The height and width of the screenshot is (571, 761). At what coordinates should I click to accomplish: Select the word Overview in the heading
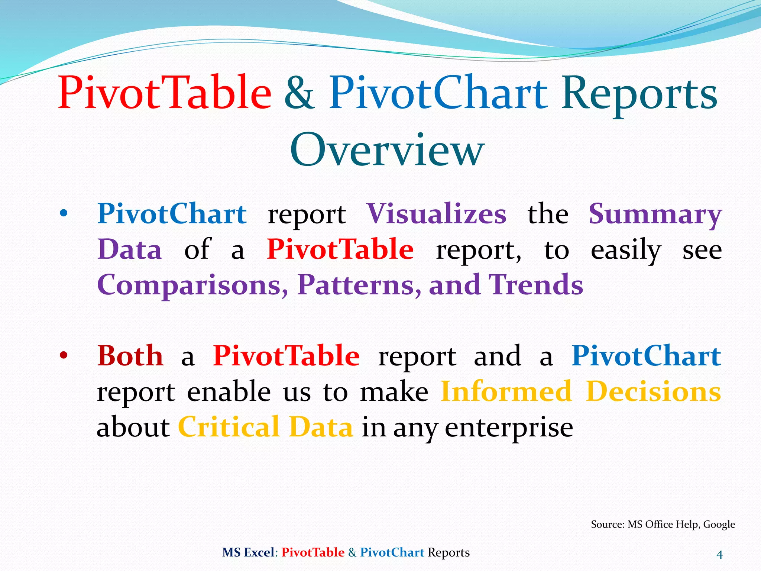click(387, 151)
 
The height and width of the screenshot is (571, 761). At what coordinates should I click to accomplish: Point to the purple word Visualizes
click(436, 214)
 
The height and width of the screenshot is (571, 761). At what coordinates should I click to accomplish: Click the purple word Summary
click(655, 215)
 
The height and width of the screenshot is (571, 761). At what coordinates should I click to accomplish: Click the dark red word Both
click(130, 356)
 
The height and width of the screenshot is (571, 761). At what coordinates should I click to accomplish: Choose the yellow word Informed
click(506, 392)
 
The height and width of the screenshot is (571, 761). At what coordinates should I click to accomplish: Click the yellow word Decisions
click(653, 392)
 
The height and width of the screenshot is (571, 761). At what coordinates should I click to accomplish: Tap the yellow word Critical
click(229, 427)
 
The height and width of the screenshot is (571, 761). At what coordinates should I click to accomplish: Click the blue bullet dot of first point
click(64, 214)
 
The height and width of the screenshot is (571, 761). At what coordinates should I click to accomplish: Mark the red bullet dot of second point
click(64, 356)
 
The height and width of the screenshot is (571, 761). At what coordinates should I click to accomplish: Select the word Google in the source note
click(719, 524)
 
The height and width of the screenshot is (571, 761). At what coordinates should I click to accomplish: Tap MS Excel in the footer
click(248, 552)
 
